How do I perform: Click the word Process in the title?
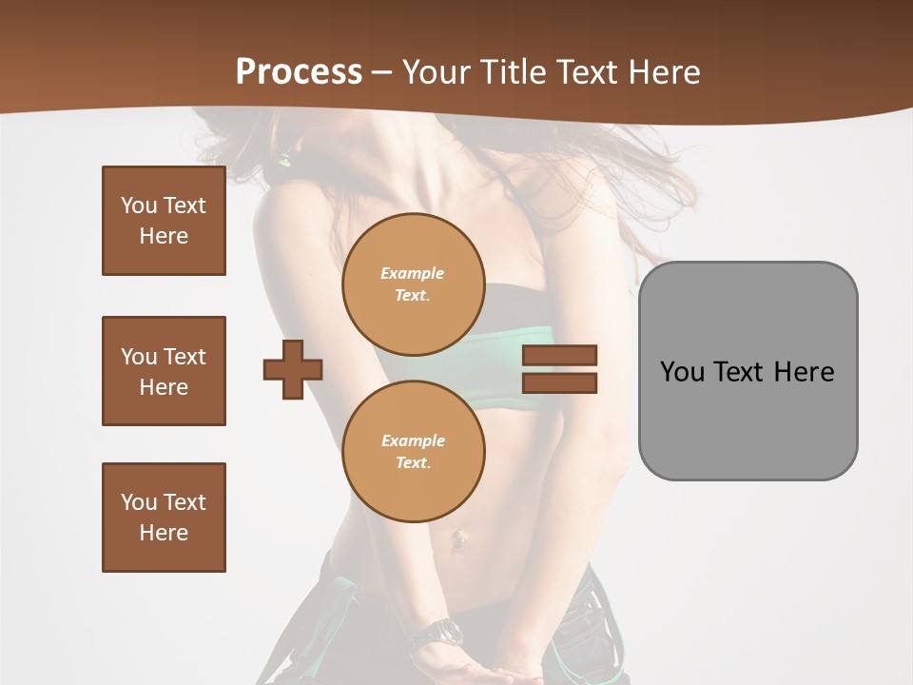pyautogui.click(x=299, y=72)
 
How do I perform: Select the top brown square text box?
pyautogui.click(x=164, y=221)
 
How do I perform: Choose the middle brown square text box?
pyautogui.click(x=164, y=371)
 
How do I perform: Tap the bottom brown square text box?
pyautogui.click(x=164, y=517)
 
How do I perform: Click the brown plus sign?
pyautogui.click(x=293, y=369)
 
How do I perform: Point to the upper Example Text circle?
pyautogui.click(x=413, y=284)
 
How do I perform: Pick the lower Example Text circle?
pyautogui.click(x=413, y=451)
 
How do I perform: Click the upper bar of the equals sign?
pyautogui.click(x=559, y=355)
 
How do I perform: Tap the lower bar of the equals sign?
pyautogui.click(x=559, y=383)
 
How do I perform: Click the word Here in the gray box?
pyautogui.click(x=804, y=372)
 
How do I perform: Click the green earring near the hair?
pyautogui.click(x=283, y=159)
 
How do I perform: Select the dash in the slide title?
pyautogui.click(x=382, y=72)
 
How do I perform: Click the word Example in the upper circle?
pyautogui.click(x=413, y=273)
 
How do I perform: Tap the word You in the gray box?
pyautogui.click(x=682, y=372)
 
